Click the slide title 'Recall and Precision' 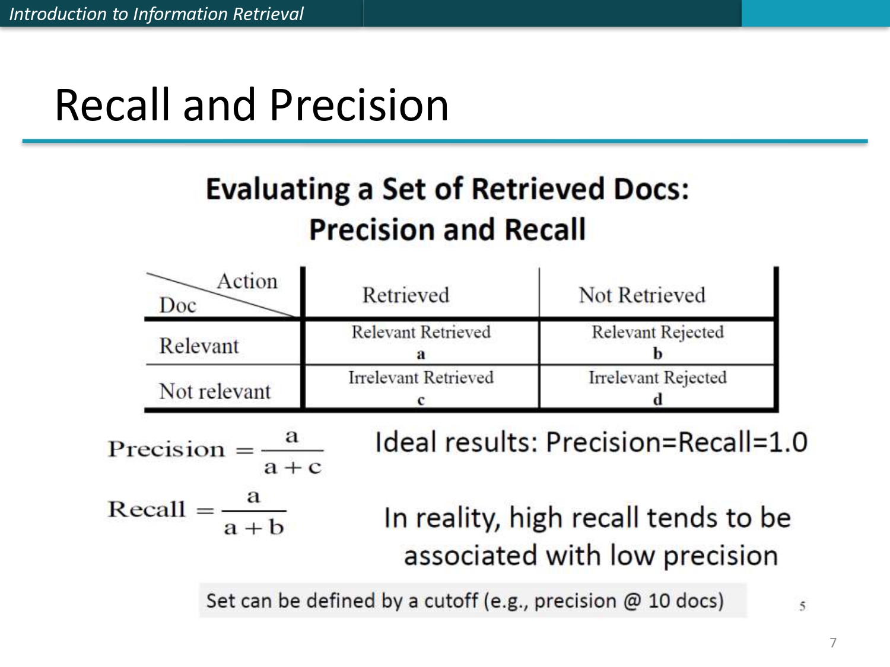pos(252,105)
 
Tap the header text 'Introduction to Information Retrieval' pos(156,14)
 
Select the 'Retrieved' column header pos(406,295)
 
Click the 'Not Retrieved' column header pos(642,295)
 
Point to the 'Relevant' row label pos(199,346)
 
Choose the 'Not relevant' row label pos(215,391)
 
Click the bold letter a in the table pos(421,355)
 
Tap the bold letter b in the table pos(657,353)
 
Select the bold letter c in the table pos(421,400)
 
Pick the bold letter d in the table pos(657,399)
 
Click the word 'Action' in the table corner pos(247,281)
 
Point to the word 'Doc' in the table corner pos(177,305)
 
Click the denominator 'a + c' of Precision pos(293,467)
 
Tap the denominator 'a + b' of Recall pos(254,527)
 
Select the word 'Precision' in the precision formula pos(166,449)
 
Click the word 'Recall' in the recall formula pos(147,509)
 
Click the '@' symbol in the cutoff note pos(632,601)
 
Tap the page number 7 pos(833,643)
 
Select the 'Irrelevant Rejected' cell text pos(657,377)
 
